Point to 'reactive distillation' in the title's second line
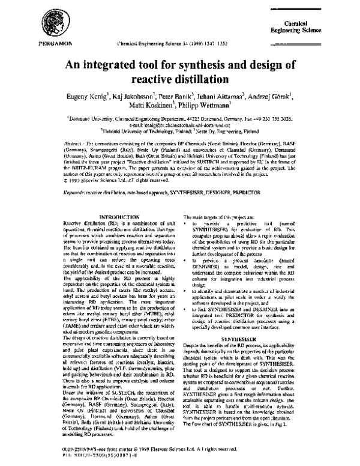(180, 79)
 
